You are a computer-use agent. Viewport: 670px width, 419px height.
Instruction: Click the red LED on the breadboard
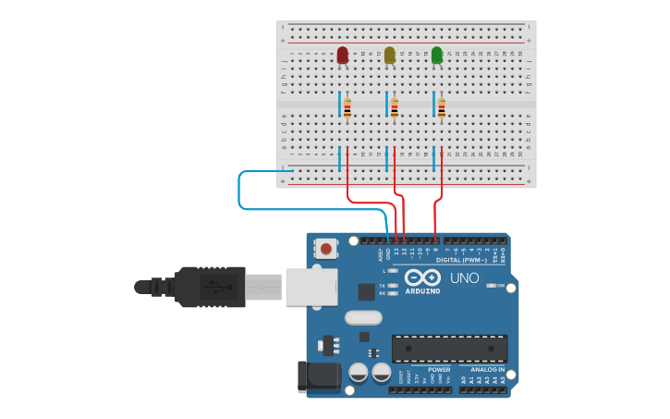coord(343,55)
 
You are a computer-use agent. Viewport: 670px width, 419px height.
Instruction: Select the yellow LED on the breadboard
coord(389,55)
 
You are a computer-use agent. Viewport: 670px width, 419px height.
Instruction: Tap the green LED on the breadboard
coord(437,55)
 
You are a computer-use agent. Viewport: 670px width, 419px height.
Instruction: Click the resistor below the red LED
coord(347,109)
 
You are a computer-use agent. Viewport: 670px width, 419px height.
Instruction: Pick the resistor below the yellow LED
coord(395,109)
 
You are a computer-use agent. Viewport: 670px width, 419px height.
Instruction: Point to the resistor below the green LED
coord(442,109)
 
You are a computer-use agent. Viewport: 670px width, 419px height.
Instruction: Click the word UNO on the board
coord(464,278)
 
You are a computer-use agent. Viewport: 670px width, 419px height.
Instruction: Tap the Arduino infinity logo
coord(421,277)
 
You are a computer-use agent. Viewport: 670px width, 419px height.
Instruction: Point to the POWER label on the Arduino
coord(439,370)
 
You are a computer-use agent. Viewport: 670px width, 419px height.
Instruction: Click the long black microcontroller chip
coord(449,349)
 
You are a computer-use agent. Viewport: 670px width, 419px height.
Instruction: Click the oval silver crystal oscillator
coord(363,318)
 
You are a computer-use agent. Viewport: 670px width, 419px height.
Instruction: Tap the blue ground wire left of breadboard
coord(239,190)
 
